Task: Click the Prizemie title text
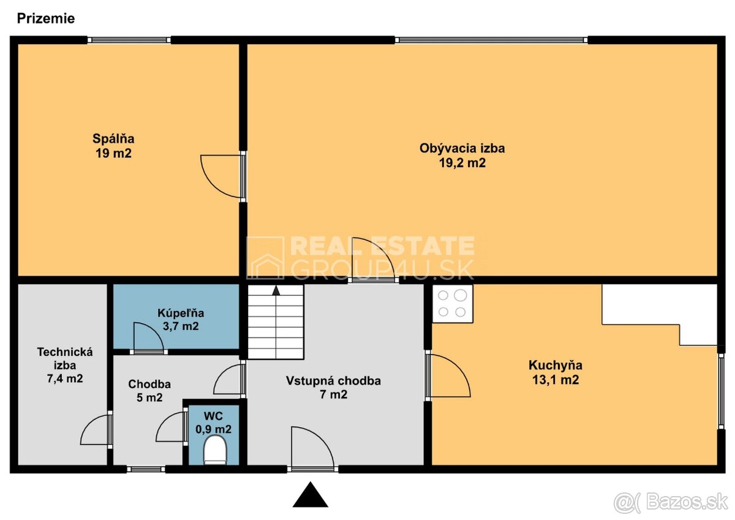[x=45, y=18]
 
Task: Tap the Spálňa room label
[x=113, y=138]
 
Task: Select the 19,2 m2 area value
[x=462, y=163]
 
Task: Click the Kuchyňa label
[x=556, y=365]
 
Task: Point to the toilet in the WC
[x=215, y=451]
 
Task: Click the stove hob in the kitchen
[x=453, y=303]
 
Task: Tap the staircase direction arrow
[x=276, y=290]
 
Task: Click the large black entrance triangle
[x=310, y=494]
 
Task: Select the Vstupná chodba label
[x=333, y=380]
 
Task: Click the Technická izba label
[x=65, y=358]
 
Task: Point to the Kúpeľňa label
[x=181, y=313]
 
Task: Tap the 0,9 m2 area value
[x=213, y=429]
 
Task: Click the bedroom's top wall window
[x=129, y=40]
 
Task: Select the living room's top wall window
[x=491, y=40]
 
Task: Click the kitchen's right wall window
[x=721, y=390]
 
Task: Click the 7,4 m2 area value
[x=65, y=379]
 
